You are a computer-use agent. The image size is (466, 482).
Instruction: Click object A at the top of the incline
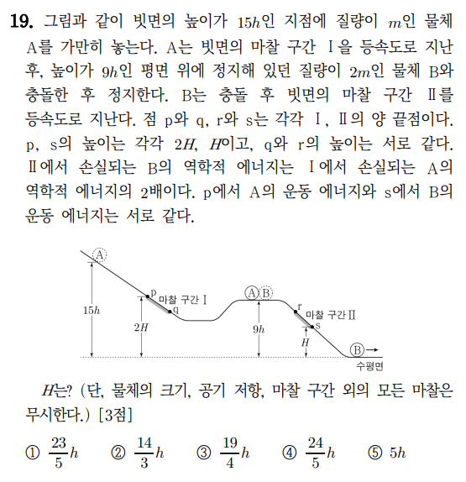pyautogui.click(x=99, y=255)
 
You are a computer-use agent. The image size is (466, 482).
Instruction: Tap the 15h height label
pyautogui.click(x=92, y=310)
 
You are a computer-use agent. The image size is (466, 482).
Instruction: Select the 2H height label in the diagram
pyautogui.click(x=141, y=328)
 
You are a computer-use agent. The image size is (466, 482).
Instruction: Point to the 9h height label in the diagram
pyautogui.click(x=258, y=328)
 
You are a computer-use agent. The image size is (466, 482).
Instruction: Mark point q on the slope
pyautogui.click(x=174, y=311)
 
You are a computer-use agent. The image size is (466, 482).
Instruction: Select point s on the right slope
pyautogui.click(x=317, y=324)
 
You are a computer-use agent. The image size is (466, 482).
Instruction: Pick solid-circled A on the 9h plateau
pyautogui.click(x=252, y=292)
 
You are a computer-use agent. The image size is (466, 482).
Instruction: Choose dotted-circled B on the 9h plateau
pyautogui.click(x=266, y=292)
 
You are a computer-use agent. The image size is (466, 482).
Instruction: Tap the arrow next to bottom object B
pyautogui.click(x=372, y=350)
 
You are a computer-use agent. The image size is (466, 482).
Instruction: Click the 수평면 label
pyautogui.click(x=369, y=366)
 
